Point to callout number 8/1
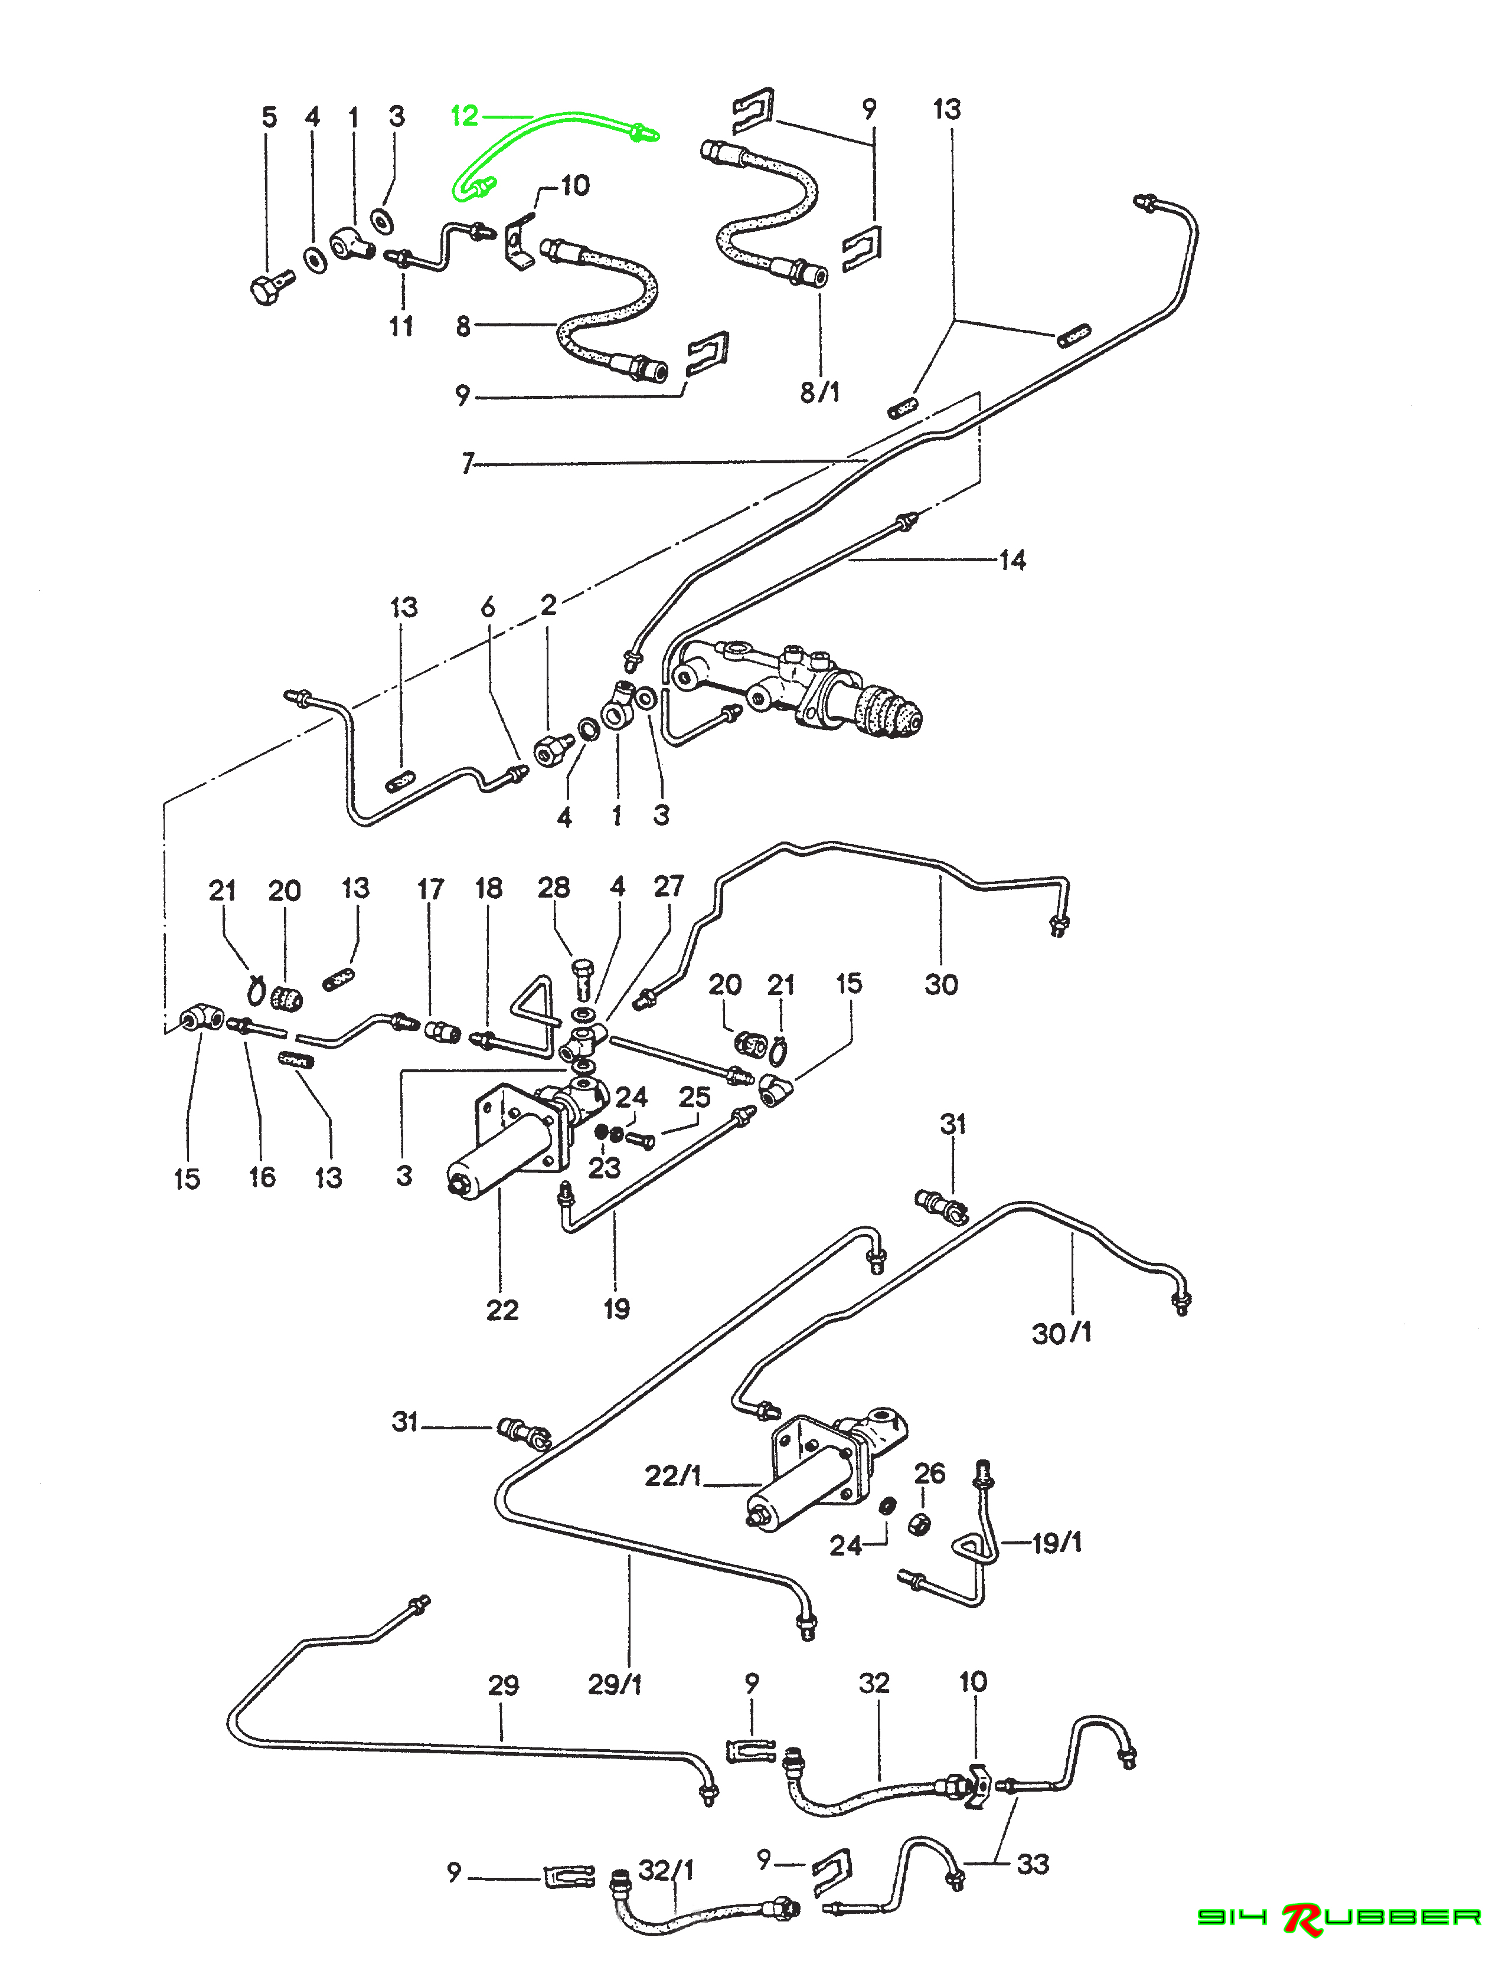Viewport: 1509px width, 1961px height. pyautogui.click(x=819, y=392)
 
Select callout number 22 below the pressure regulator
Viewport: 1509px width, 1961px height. pyautogui.click(x=502, y=1310)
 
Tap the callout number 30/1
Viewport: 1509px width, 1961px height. pyautogui.click(x=1061, y=1333)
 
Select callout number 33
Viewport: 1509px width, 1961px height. pyautogui.click(x=1033, y=1865)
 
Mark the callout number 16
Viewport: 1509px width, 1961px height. pyautogui.click(x=262, y=1177)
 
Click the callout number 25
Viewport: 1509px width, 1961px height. pyautogui.click(x=694, y=1097)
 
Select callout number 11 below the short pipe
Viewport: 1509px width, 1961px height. pyautogui.click(x=401, y=326)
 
